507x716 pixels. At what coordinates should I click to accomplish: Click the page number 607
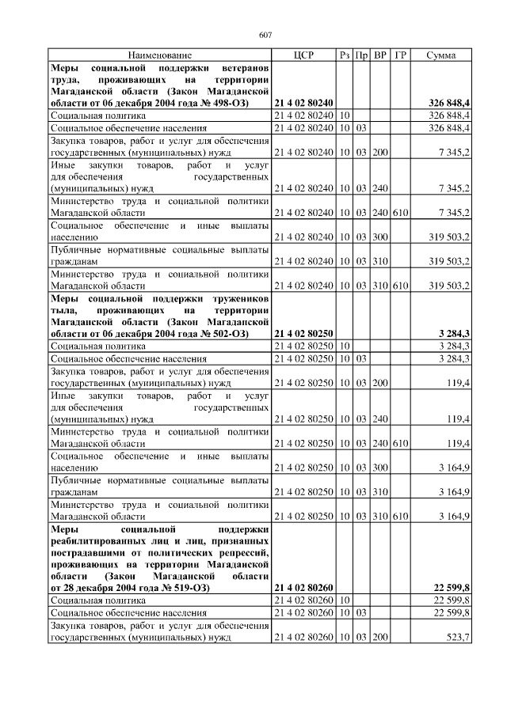point(265,34)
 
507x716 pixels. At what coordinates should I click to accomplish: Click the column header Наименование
point(160,55)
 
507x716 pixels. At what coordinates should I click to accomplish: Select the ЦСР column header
point(303,55)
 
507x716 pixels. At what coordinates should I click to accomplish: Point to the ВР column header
point(380,55)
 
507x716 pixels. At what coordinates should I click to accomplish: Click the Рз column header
point(345,55)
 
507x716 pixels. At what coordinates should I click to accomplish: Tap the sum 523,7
point(459,637)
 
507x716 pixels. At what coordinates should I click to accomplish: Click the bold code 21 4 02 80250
point(303,333)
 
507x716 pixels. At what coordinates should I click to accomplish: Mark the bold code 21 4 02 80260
point(303,589)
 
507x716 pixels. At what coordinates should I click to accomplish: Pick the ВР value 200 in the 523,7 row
point(380,637)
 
